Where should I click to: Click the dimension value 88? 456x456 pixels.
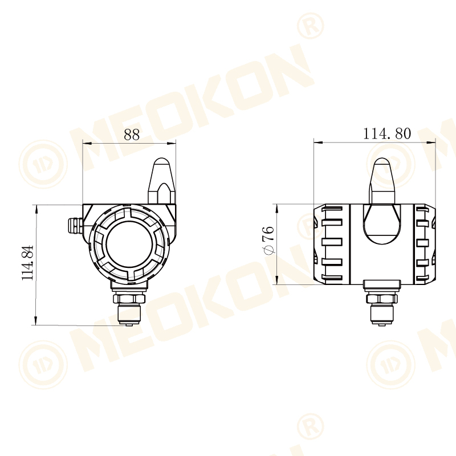coord(132,135)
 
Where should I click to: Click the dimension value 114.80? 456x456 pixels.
coord(386,133)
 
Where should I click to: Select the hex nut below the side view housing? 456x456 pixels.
coord(382,298)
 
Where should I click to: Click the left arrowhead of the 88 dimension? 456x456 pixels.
coord(87,142)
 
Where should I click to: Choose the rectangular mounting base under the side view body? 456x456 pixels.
coord(382,284)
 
